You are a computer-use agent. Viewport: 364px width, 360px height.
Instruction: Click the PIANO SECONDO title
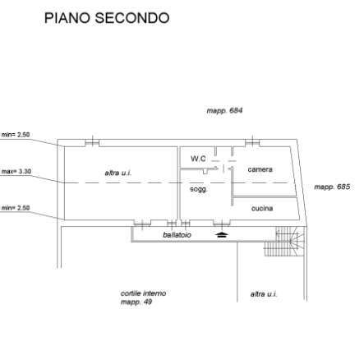[107, 18]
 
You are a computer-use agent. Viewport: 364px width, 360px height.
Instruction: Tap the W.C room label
[198, 159]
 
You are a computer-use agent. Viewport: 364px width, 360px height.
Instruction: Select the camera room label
[260, 169]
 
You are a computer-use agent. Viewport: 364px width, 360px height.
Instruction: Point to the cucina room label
[262, 208]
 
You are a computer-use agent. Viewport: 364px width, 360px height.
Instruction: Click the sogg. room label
[199, 189]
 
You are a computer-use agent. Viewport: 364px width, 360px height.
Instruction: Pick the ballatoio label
[177, 235]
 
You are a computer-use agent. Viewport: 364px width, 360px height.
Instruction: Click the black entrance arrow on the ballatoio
[222, 234]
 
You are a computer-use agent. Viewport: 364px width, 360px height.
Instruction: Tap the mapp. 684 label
[224, 111]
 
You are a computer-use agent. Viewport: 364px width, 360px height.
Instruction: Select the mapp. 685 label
[332, 187]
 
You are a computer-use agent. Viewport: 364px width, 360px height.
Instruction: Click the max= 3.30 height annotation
[16, 172]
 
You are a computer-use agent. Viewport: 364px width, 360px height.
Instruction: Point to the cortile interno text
[143, 293]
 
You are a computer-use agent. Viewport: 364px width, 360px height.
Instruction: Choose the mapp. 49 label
[136, 302]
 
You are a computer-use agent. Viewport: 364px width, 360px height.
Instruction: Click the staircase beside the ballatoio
[285, 242]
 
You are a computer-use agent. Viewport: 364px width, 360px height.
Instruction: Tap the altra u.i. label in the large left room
[118, 173]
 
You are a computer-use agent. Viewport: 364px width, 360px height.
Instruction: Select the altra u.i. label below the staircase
[264, 294]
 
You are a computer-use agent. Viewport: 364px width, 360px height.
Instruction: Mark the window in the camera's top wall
[252, 142]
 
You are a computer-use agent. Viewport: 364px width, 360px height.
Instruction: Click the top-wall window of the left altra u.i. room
[92, 142]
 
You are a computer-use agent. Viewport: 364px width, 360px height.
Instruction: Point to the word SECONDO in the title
[132, 18]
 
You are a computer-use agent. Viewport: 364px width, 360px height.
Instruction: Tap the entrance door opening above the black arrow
[222, 223]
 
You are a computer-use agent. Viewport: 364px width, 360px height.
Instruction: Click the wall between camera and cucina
[265, 196]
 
